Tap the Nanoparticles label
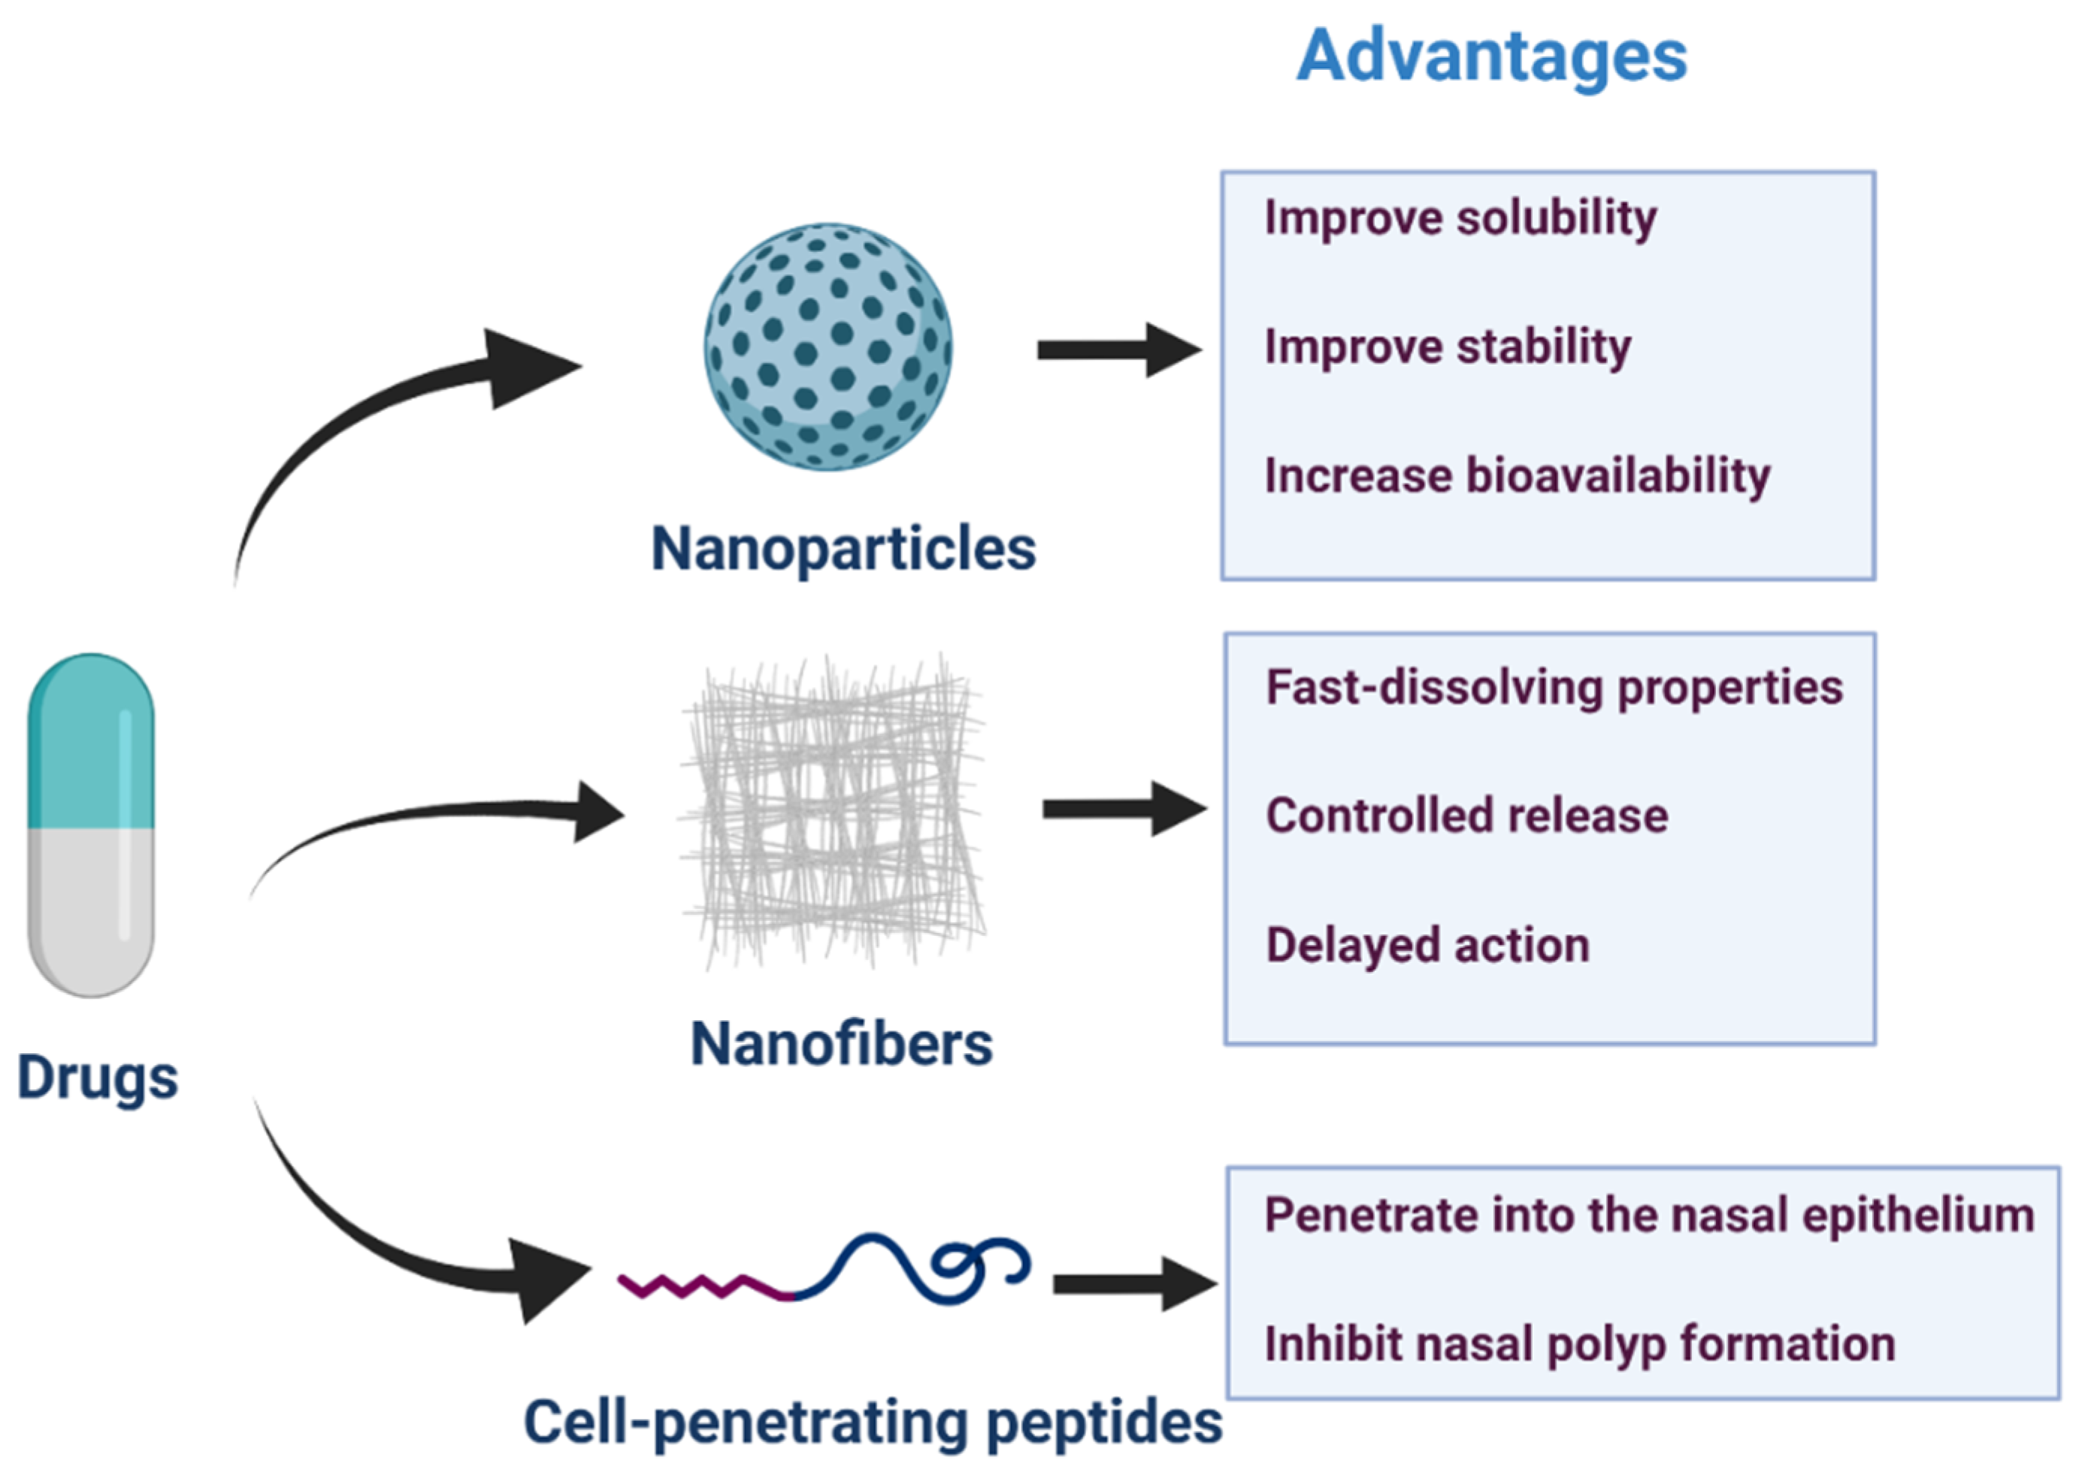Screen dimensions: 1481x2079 click(843, 549)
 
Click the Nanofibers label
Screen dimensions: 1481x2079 click(841, 1043)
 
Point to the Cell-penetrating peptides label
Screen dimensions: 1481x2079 click(873, 1422)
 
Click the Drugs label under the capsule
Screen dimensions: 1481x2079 click(98, 1077)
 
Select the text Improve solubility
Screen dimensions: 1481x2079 click(1460, 219)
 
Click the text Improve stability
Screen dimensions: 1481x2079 click(1447, 347)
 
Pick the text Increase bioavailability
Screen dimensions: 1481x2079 click(1516, 477)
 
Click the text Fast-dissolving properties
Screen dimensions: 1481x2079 click(1554, 688)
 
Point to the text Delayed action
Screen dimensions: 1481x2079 click(1427, 945)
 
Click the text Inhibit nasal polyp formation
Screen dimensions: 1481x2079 click(1579, 1344)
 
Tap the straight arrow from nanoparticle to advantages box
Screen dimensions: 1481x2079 click(1117, 350)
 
